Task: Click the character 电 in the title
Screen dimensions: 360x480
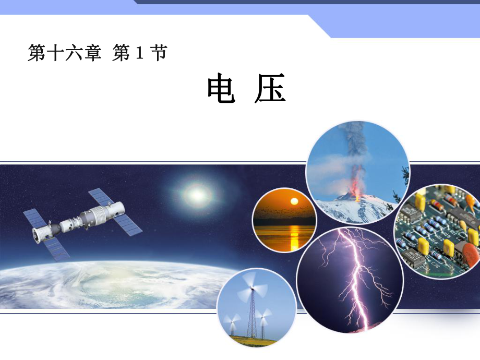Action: tap(221, 89)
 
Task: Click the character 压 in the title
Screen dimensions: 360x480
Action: tap(271, 89)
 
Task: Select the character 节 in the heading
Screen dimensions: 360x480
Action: tap(158, 53)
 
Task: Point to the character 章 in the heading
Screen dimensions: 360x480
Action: tap(92, 53)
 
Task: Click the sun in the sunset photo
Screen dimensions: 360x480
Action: tap(294, 201)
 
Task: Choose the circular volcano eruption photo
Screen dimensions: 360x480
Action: tap(357, 172)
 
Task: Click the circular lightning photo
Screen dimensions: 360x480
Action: tap(350, 279)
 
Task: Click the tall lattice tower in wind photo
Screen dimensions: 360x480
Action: tap(251, 313)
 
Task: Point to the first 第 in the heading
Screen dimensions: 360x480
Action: tap(36, 53)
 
